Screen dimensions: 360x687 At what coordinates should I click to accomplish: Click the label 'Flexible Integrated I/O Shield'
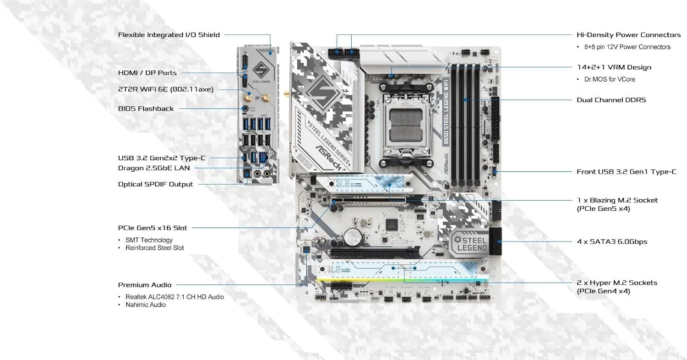pos(169,35)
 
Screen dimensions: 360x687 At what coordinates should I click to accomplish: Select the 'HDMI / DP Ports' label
pos(147,73)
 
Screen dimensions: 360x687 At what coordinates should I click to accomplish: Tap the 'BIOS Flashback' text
pos(146,109)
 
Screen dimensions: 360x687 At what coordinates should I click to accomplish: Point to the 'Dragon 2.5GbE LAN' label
pos(153,168)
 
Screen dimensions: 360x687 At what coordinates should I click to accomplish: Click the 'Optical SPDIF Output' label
pos(155,184)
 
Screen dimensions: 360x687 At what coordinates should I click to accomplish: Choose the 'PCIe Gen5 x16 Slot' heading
pos(152,228)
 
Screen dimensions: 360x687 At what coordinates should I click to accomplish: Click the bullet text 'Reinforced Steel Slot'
pos(155,248)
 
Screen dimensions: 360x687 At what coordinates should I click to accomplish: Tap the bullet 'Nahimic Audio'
pos(146,305)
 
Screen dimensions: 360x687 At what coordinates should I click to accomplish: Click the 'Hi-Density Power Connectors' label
pos(628,35)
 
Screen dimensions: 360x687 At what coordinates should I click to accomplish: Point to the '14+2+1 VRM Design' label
pos(614,67)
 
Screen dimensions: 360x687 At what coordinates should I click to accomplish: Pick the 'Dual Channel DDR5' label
pos(611,100)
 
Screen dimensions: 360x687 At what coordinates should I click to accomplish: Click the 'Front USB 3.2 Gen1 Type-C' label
pos(626,172)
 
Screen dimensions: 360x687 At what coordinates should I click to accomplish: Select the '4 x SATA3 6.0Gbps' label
pos(612,241)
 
